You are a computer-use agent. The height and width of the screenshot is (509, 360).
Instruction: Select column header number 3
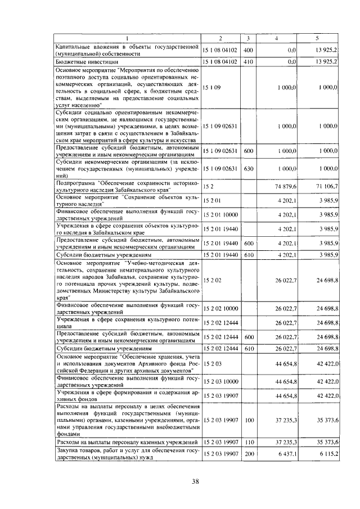(248, 38)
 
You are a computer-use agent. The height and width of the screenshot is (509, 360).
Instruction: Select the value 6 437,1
(286, 454)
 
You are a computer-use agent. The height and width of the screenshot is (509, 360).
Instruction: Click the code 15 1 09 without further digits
(212, 88)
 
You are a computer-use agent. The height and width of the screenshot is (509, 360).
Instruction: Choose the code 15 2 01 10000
(221, 215)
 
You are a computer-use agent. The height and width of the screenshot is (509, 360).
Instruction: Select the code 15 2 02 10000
(221, 308)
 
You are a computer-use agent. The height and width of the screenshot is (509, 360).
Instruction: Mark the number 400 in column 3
(248, 50)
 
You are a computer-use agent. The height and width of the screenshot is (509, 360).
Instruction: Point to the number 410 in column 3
(248, 61)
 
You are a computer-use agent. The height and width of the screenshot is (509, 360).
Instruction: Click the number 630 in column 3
(248, 168)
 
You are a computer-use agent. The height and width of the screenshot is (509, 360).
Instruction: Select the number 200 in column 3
(248, 454)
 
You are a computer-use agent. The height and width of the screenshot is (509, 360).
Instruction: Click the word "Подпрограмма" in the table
(75, 183)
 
